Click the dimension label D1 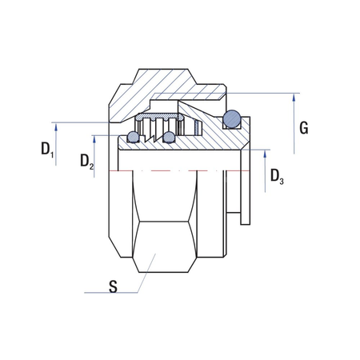pyautogui.click(x=46, y=149)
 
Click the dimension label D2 pyautogui.click(x=86, y=162)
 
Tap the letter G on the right pyautogui.click(x=302, y=128)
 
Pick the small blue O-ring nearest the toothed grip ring pyautogui.click(x=168, y=138)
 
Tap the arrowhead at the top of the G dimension pyautogui.click(x=295, y=97)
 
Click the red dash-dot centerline pyautogui.click(x=176, y=171)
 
